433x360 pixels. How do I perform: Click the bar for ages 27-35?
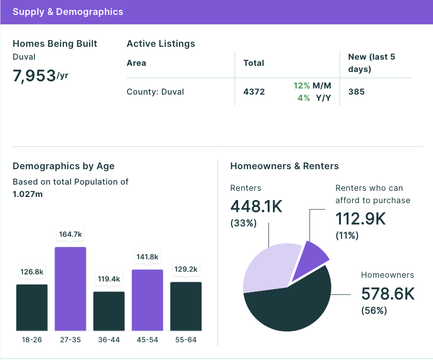tap(70, 289)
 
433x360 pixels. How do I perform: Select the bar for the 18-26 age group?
tap(32, 308)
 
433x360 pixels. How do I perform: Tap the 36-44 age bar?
tap(109, 311)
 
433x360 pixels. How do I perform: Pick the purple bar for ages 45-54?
tap(148, 300)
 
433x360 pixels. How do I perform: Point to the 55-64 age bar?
tap(186, 307)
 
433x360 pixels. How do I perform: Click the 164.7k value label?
tap(70, 235)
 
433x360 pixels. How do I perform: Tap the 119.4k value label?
tap(109, 279)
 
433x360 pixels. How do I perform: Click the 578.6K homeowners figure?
tap(388, 294)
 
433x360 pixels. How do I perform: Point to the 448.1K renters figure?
tap(256, 206)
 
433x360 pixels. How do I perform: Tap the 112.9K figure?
tap(360, 219)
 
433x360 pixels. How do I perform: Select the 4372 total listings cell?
tap(254, 92)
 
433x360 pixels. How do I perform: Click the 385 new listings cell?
tap(356, 92)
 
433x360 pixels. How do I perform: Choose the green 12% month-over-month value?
tap(301, 85)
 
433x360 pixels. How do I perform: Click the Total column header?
tap(254, 63)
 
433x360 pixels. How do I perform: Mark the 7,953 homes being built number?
tap(34, 76)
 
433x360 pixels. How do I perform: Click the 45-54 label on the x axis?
tap(148, 339)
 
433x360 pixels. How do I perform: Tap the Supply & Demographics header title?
tap(68, 12)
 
